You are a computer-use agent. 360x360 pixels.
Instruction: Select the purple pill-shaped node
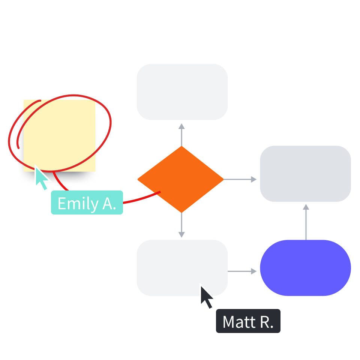[305, 268]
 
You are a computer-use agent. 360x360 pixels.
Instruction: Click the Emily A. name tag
[87, 203]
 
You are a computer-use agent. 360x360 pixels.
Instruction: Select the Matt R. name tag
[248, 321]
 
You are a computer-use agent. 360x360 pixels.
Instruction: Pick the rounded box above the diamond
[182, 92]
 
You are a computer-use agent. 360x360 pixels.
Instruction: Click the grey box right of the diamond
[305, 174]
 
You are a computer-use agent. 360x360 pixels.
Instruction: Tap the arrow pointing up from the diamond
[181, 134]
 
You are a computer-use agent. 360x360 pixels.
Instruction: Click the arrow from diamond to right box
[240, 180]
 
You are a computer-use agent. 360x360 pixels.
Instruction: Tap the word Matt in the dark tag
[237, 322]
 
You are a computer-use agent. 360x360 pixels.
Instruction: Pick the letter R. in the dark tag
[266, 322]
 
